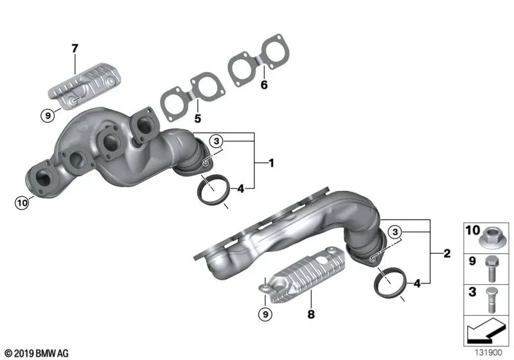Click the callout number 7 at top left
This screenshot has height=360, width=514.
75,48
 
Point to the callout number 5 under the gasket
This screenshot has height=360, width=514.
198,118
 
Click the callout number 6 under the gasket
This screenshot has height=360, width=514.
263,84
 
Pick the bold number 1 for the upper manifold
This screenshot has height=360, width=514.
271,164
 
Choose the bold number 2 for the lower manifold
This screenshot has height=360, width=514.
447,253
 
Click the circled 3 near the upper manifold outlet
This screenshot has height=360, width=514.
217,141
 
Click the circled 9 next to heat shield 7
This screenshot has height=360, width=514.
46,116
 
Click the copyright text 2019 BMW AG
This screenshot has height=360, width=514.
36,353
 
